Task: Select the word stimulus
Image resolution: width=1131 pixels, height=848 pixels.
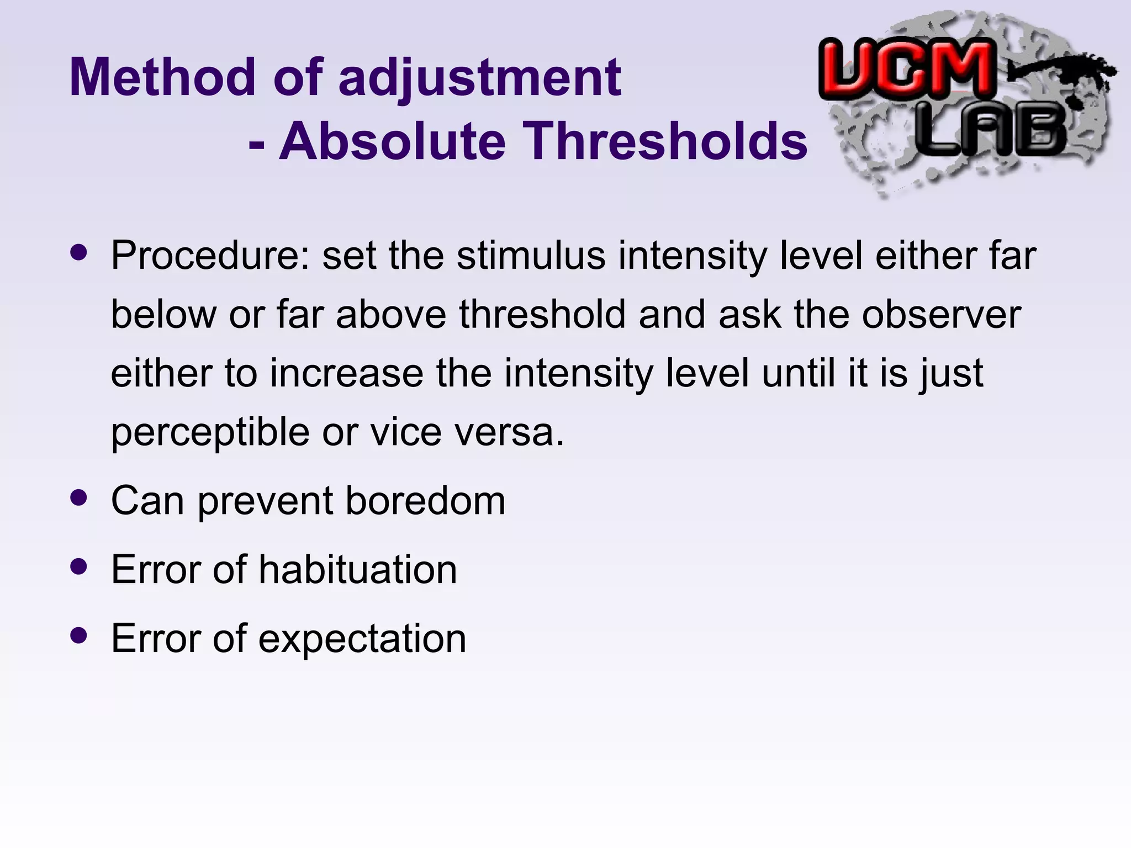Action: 531,256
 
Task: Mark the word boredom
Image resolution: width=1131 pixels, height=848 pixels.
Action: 425,501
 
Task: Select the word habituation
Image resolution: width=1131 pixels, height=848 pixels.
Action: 358,569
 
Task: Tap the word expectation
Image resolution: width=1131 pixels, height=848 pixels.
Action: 362,639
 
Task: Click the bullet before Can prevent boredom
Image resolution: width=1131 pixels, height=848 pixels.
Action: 79,499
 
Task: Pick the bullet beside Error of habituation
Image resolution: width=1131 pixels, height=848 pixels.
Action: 79,566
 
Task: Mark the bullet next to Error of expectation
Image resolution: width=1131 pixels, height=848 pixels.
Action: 79,635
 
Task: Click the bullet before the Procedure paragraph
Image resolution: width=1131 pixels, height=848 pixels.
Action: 79,253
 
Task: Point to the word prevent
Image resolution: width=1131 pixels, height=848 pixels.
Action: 266,501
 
